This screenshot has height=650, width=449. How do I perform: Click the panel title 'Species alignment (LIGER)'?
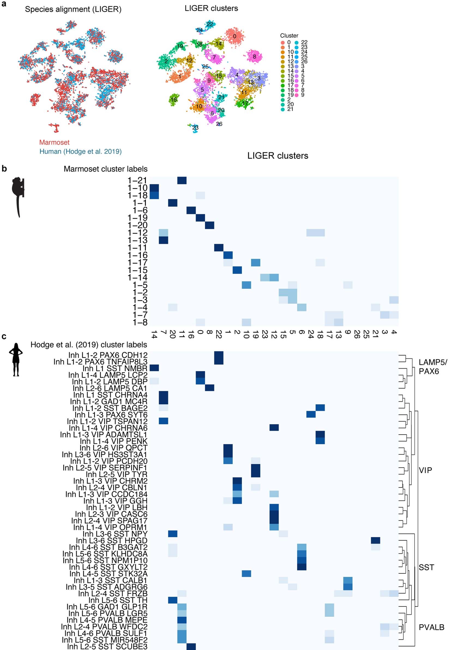[x=73, y=9]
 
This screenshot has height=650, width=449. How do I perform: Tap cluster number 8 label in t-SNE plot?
[x=254, y=56]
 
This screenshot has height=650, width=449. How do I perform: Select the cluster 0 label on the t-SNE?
[x=235, y=36]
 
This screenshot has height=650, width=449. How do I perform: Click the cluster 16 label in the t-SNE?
[x=174, y=100]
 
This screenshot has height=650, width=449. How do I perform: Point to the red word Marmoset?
[x=54, y=142]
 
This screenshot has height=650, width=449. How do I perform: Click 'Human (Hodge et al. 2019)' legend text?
[x=80, y=151]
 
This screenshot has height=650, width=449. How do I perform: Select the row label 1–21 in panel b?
[x=137, y=180]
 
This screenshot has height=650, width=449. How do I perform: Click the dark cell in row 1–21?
[x=182, y=180]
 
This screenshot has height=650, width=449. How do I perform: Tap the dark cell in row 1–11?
[x=219, y=248]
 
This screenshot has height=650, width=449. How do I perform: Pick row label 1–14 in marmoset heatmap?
[x=137, y=278]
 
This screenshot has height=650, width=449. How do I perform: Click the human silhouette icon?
[x=16, y=359]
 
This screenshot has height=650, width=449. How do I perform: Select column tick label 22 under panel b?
[x=219, y=334]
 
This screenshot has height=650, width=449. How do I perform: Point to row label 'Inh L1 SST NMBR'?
[x=115, y=368]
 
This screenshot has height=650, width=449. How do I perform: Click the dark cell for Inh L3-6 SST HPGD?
[x=375, y=540]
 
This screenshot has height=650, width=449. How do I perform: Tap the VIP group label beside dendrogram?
[x=425, y=470]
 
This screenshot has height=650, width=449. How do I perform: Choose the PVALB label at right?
[x=431, y=627]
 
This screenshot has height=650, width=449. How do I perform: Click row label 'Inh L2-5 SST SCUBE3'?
[x=107, y=647]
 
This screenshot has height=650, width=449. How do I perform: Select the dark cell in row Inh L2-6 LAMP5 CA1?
[x=209, y=388]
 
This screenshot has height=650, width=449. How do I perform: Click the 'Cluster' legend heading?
[x=289, y=36]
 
